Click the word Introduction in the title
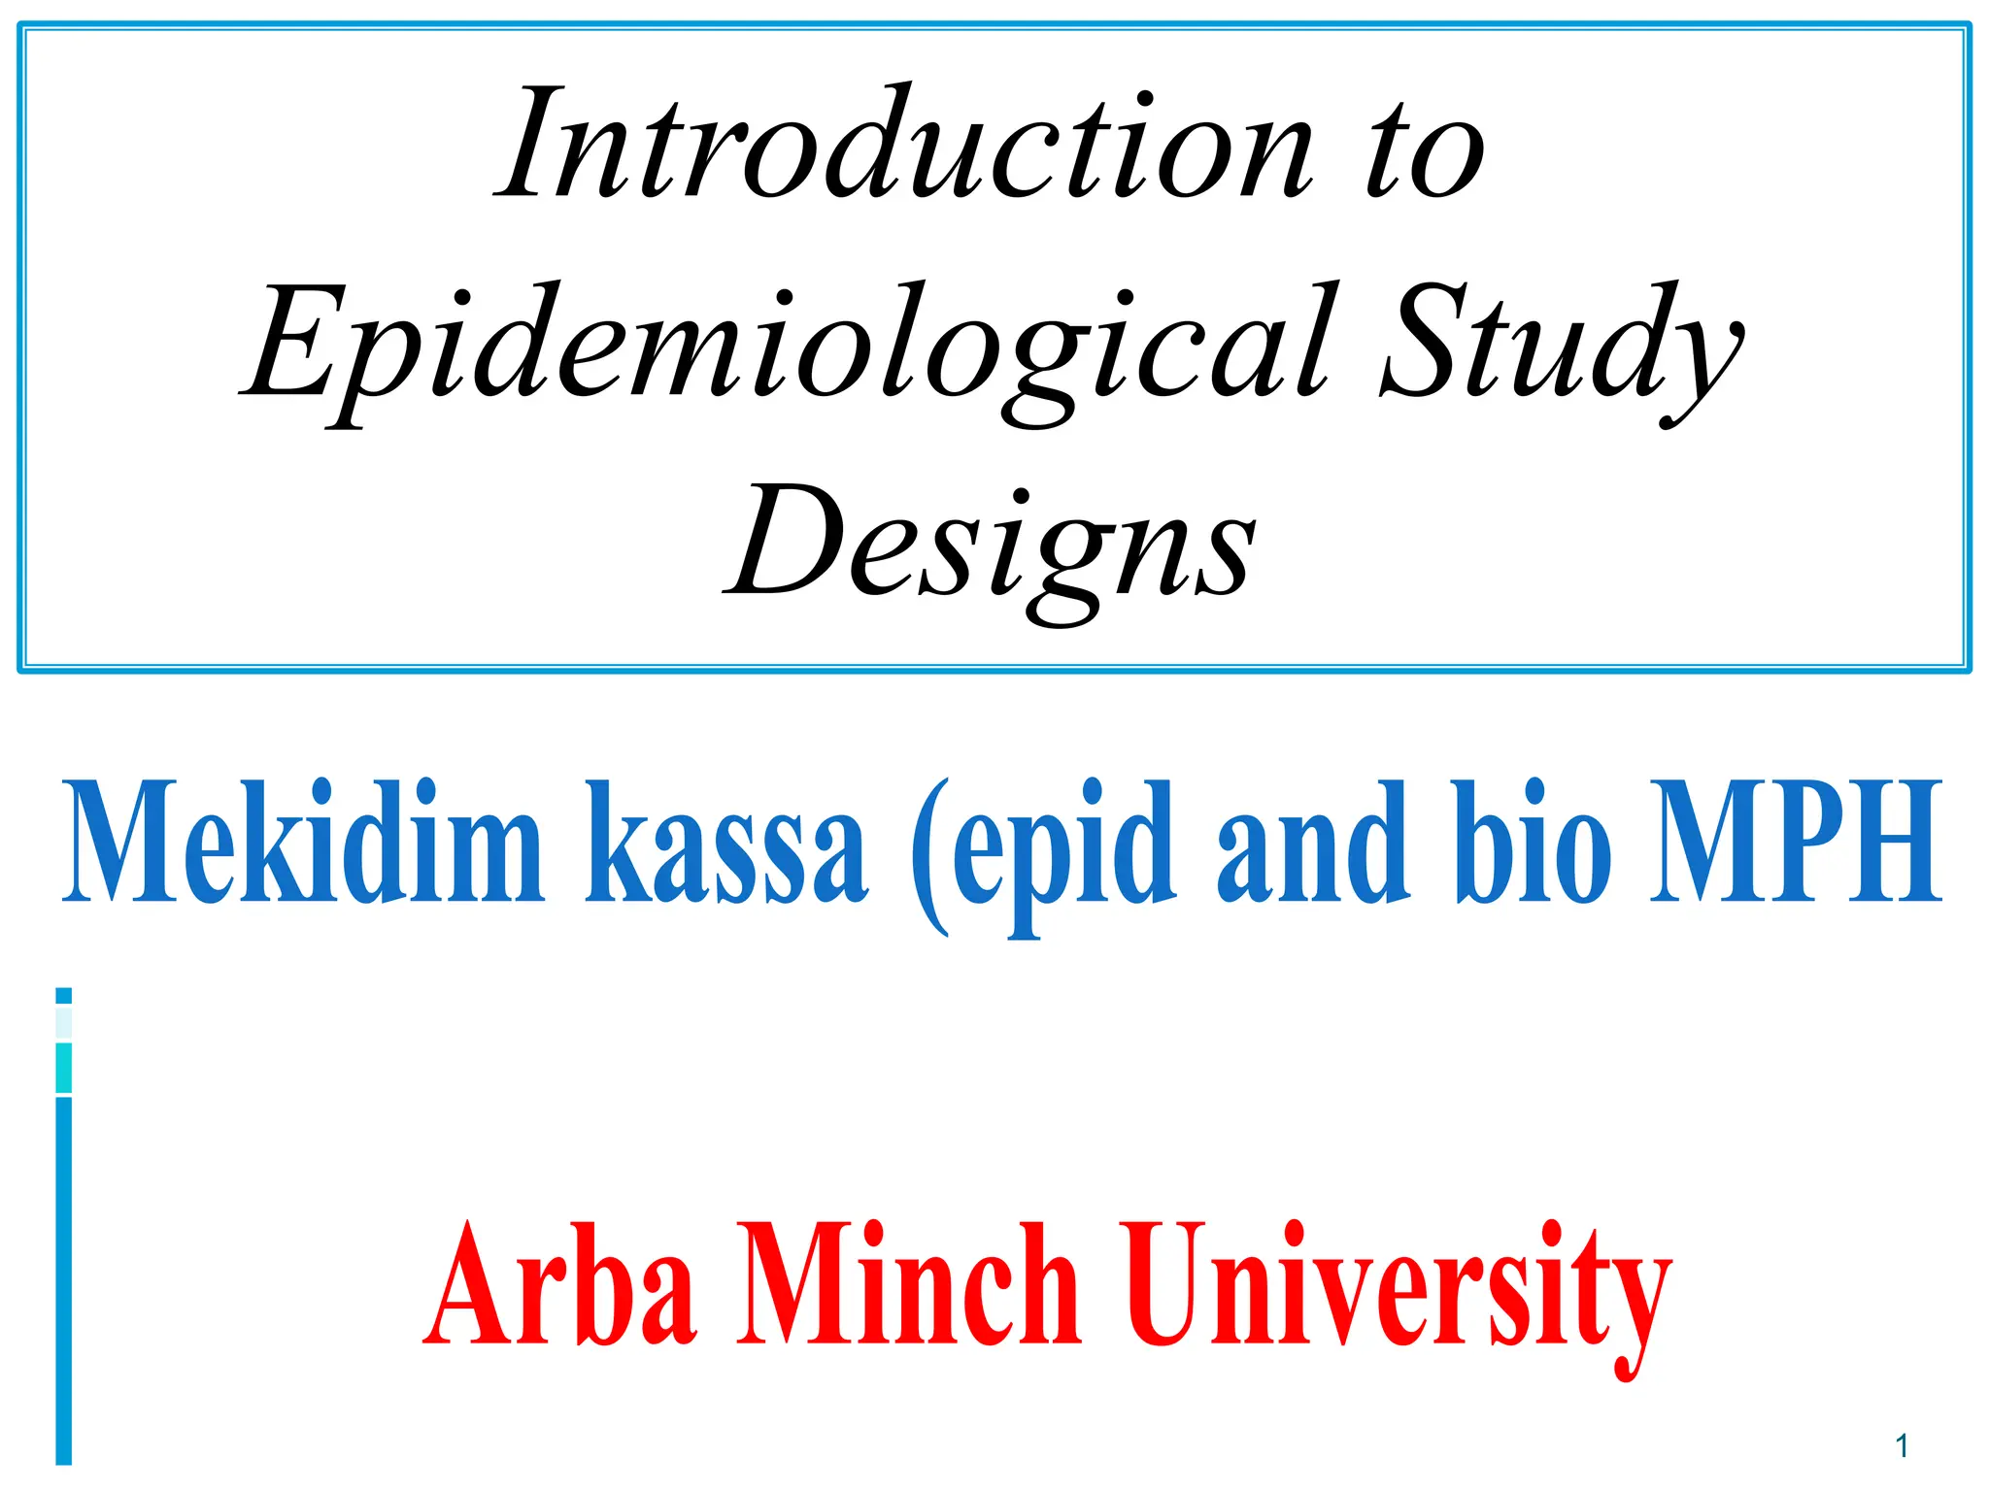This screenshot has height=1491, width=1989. [903, 146]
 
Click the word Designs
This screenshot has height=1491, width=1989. [991, 544]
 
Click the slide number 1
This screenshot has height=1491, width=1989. [1902, 1446]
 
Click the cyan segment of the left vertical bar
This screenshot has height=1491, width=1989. [64, 1068]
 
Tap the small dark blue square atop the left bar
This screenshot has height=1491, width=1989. [64, 995]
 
